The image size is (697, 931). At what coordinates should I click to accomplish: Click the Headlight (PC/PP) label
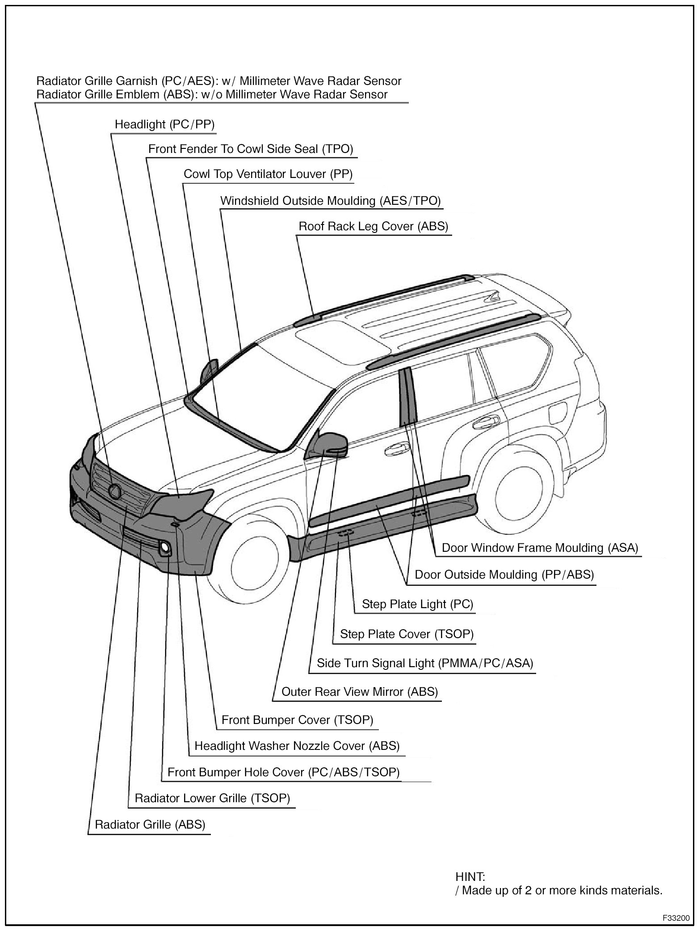pos(164,124)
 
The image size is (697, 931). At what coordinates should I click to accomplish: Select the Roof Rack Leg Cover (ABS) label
pos(373,226)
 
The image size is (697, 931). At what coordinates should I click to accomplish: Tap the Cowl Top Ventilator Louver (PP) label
pos(268,174)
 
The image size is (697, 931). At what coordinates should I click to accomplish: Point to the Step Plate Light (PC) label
pos(417,604)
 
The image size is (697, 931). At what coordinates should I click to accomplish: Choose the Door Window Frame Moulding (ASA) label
pos(540,548)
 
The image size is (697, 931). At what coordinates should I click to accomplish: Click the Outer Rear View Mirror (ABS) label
pos(360,692)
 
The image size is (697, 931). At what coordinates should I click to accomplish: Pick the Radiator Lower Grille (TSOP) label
pos(212,798)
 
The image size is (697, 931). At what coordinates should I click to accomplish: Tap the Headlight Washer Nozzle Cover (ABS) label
pos(297,746)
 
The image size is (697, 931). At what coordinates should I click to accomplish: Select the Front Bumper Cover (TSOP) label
pos(297,720)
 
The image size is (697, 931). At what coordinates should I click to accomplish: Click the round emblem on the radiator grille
pos(114,491)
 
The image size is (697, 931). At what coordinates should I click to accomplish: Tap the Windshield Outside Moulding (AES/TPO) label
pos(330,201)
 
